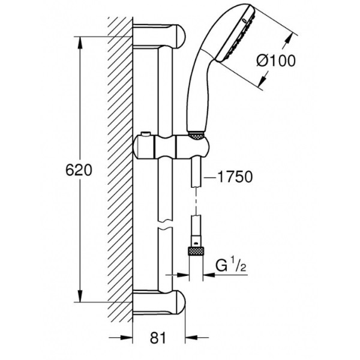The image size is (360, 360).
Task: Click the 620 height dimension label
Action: click(x=79, y=170)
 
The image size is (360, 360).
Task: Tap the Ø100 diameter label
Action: click(x=276, y=61)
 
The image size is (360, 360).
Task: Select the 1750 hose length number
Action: click(x=235, y=177)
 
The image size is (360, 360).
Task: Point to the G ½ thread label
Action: click(x=230, y=266)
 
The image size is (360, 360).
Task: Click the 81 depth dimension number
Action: click(x=158, y=338)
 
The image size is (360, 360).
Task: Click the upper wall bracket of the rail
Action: click(x=159, y=36)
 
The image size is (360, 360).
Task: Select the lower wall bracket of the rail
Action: click(x=159, y=302)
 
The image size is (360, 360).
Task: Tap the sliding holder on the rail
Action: click(x=171, y=147)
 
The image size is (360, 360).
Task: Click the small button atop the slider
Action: click(x=146, y=134)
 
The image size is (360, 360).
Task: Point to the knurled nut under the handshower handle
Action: click(x=196, y=136)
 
